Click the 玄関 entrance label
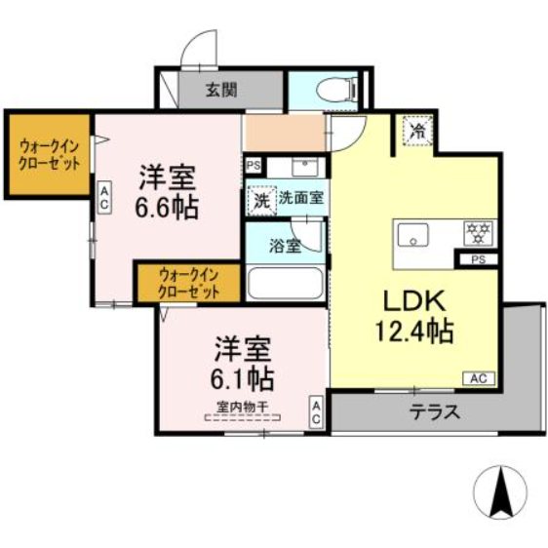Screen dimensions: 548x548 pos(221,91)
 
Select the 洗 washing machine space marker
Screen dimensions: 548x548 pos(260,199)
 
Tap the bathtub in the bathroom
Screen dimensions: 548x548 pos(286,283)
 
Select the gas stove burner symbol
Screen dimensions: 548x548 pos(480,233)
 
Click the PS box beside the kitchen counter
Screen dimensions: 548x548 pos(478,260)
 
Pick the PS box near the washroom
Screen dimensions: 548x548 pos(254,166)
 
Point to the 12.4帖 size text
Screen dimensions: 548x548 pos(414,332)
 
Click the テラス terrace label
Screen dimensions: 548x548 pos(434,411)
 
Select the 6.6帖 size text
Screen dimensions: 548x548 pos(167,209)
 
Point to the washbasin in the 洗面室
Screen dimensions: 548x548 pos(301,165)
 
